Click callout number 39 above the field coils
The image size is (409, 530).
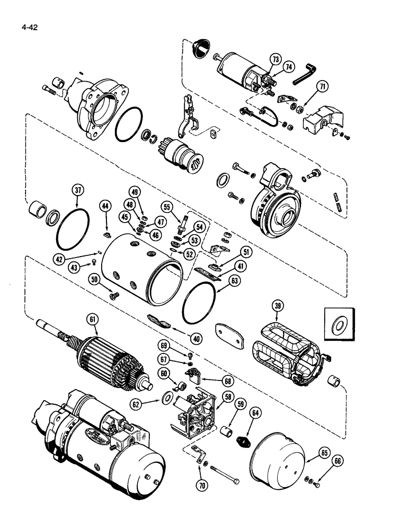point(276,306)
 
